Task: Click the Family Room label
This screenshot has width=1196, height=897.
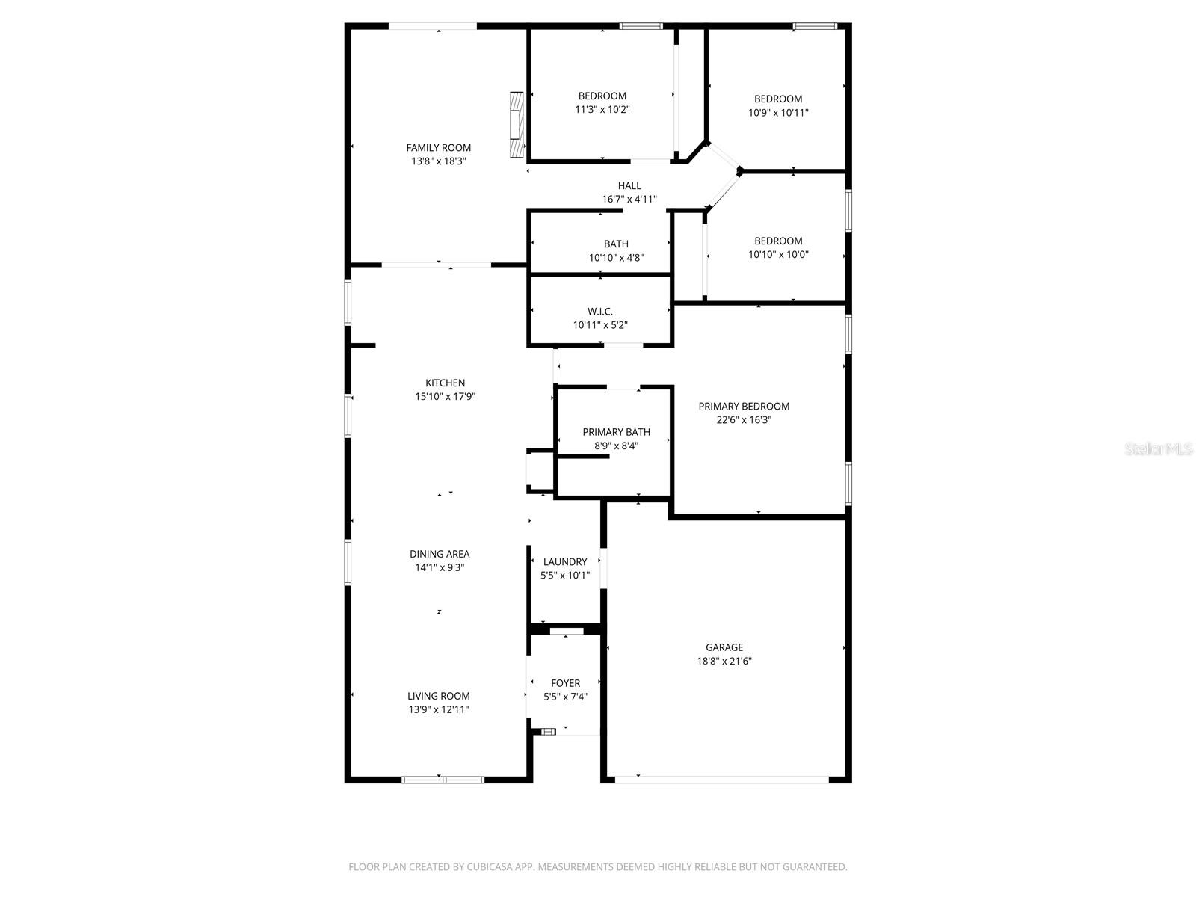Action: (x=438, y=148)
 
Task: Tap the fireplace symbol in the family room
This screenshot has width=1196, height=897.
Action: (x=516, y=125)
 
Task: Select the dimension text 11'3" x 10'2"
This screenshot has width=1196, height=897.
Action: (x=602, y=110)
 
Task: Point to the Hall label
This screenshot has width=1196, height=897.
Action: (x=629, y=186)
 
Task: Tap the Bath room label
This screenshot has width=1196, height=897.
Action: (x=616, y=244)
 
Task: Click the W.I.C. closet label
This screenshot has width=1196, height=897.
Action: (x=599, y=312)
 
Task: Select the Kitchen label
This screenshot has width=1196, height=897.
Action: (x=445, y=383)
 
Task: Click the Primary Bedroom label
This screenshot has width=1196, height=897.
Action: (x=743, y=407)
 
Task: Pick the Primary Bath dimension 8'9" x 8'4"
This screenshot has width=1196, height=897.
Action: (x=616, y=446)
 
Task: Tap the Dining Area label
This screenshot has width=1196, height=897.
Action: (x=439, y=555)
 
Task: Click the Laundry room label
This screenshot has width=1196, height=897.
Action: (x=564, y=562)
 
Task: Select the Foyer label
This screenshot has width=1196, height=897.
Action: (x=565, y=683)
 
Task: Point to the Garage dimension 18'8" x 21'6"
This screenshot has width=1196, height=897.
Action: (x=724, y=662)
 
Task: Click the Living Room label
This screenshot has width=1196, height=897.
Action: (x=438, y=697)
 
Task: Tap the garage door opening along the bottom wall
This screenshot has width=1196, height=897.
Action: (x=721, y=780)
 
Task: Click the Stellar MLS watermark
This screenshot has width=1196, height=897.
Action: (x=1158, y=449)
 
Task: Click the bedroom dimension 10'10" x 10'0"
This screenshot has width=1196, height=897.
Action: (x=777, y=255)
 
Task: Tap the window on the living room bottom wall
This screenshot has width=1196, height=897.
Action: (x=443, y=780)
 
